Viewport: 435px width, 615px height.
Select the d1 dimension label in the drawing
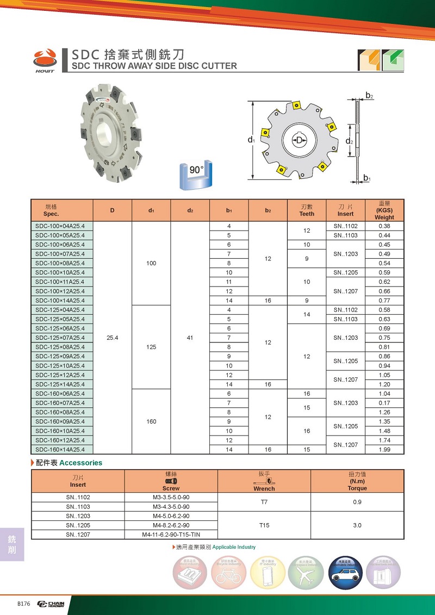[251, 140]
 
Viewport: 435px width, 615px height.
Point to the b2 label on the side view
[369, 96]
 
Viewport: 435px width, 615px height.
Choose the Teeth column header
[307, 210]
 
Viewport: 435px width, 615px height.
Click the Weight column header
[384, 210]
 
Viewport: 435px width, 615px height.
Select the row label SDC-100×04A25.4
[64, 226]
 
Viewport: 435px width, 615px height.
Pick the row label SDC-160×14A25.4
[64, 449]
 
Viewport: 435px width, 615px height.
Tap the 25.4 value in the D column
[113, 338]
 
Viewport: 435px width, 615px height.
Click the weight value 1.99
[384, 449]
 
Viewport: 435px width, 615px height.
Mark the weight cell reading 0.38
[384, 226]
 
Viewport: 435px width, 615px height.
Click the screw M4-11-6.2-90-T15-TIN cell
[171, 534]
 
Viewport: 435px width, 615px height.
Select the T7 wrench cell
[264, 502]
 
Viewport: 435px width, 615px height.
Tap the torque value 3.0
[357, 525]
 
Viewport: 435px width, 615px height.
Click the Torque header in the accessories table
[357, 481]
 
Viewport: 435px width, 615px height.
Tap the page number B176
[24, 604]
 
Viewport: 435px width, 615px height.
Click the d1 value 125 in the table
[151, 347]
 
